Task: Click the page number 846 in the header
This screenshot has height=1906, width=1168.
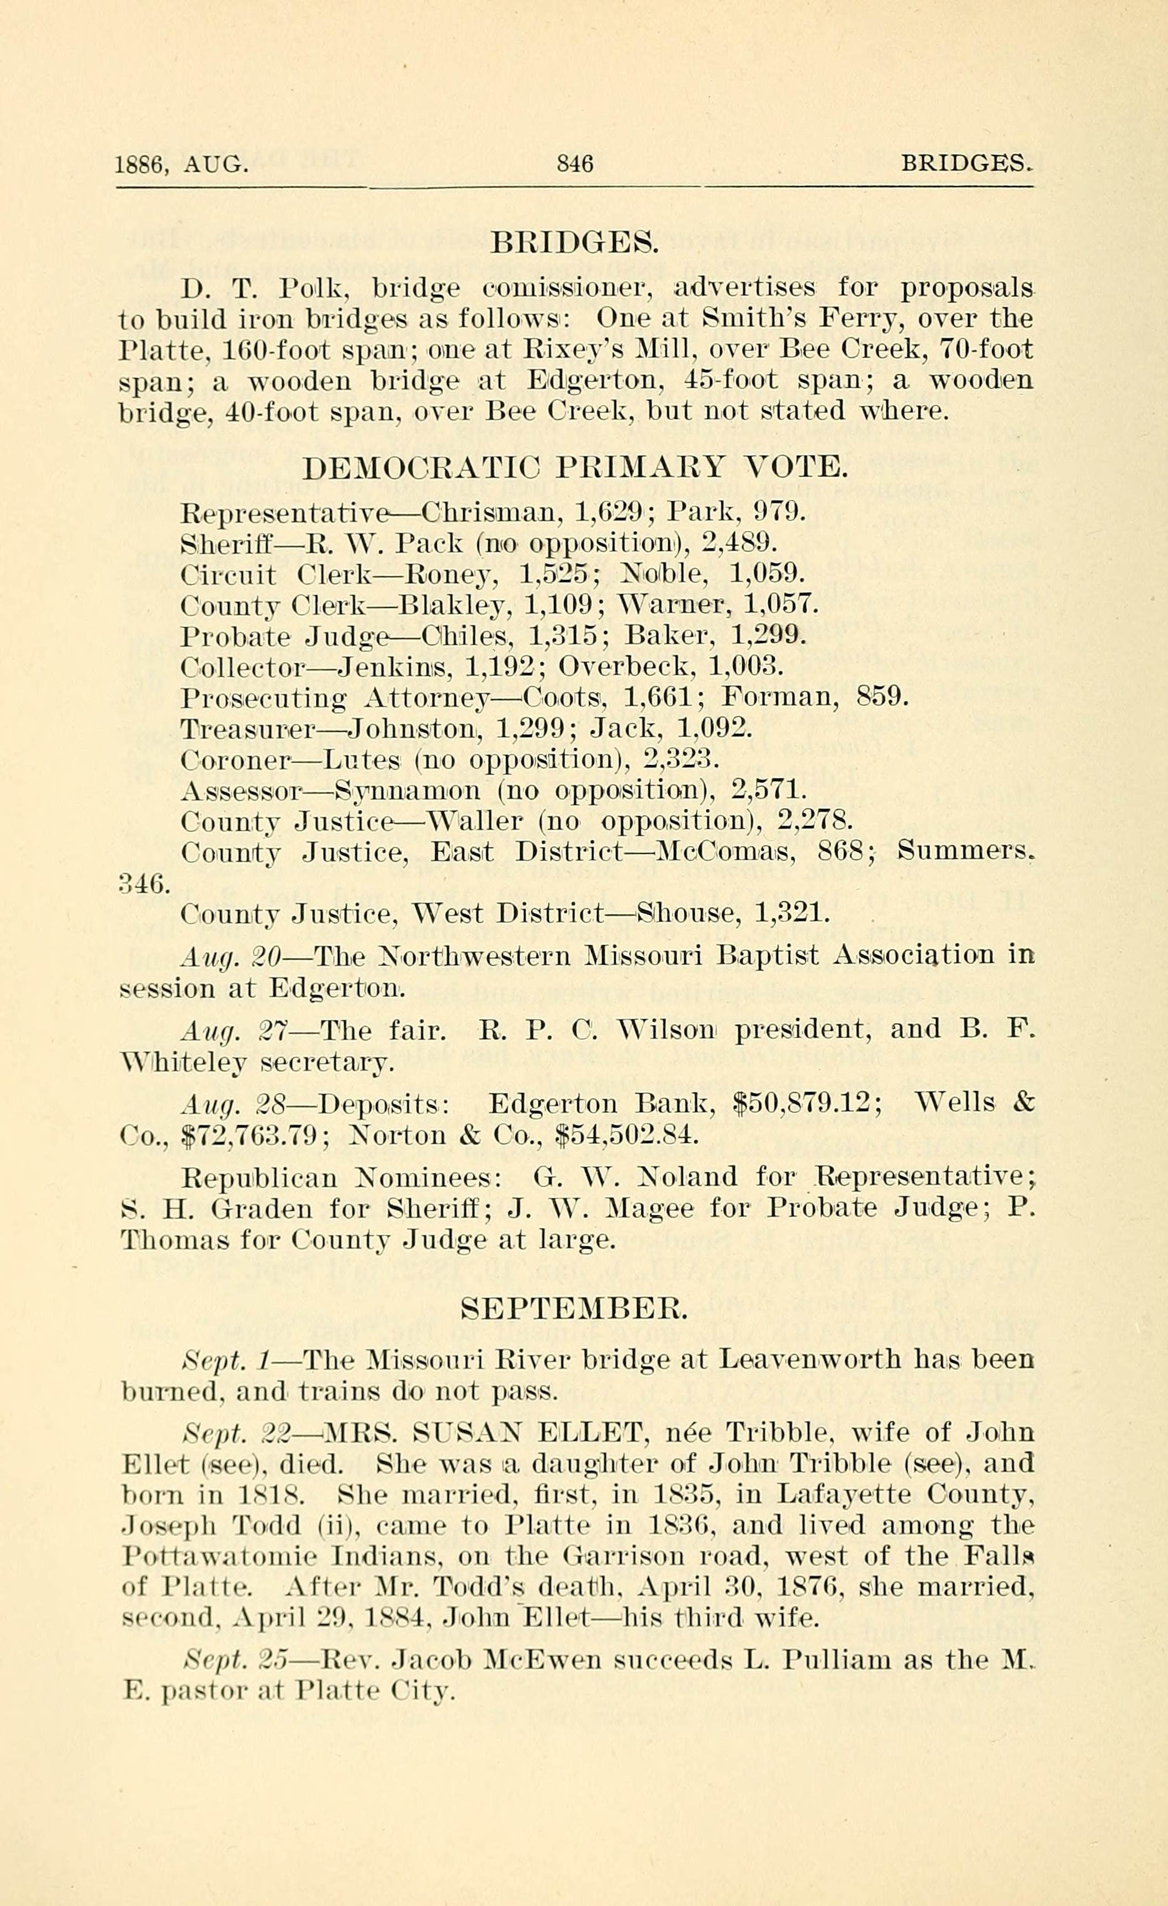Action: (x=575, y=164)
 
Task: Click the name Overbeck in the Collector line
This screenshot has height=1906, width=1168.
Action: (x=625, y=666)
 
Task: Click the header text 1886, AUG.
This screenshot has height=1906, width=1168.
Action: (x=182, y=165)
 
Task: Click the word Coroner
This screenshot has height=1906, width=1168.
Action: (x=234, y=759)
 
